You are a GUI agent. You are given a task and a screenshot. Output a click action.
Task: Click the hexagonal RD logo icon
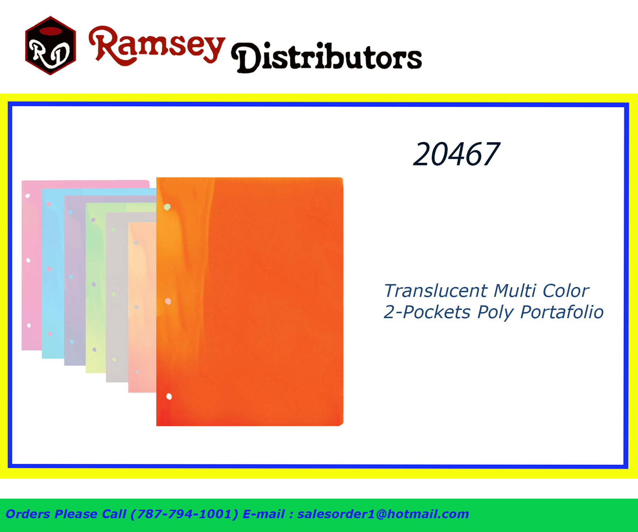[x=50, y=45]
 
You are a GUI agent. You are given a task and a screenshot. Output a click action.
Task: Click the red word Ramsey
[x=157, y=45]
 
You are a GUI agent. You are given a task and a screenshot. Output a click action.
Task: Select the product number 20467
[x=457, y=154]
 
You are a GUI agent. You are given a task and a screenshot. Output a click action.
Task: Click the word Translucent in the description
[x=436, y=291]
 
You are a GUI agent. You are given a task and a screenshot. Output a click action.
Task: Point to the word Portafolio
[x=562, y=312]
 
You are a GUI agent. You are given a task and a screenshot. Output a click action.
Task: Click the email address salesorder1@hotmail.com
[x=383, y=514]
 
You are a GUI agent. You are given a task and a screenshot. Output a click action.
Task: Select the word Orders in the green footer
[x=28, y=514]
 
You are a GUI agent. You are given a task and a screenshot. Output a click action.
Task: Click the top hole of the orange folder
[x=167, y=207]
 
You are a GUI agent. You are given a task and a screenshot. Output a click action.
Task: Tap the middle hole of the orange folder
[x=168, y=301]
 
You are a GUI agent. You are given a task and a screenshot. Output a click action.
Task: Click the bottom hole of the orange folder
[x=169, y=396]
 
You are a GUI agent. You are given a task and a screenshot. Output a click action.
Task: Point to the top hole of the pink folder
[x=27, y=196]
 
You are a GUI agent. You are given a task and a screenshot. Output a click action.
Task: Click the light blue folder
[x=53, y=273]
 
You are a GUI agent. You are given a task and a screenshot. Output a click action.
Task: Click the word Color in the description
[x=566, y=291]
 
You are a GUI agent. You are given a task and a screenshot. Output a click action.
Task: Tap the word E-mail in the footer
[x=264, y=514]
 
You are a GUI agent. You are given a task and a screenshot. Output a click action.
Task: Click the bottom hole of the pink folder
[x=29, y=326]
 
